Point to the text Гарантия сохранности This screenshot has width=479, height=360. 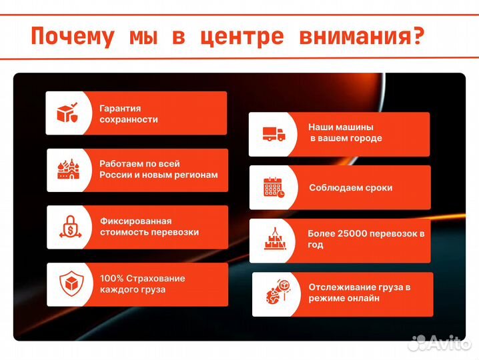129,113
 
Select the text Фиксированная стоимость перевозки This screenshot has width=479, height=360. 149,227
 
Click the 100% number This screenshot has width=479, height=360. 111,278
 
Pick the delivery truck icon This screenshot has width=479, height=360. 273,134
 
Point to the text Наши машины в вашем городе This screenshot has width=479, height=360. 345,133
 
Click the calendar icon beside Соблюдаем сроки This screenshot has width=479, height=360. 273,187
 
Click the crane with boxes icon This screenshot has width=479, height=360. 274,240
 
